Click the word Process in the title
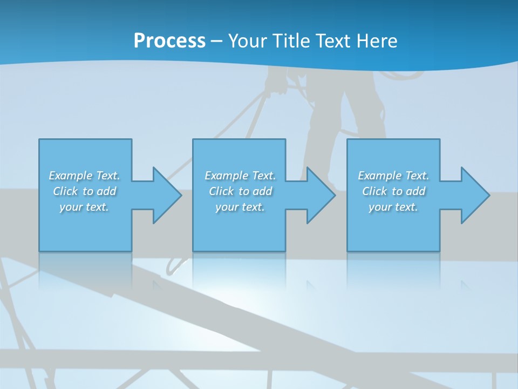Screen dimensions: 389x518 pyautogui.click(x=169, y=41)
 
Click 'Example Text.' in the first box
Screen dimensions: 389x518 pyautogui.click(x=84, y=176)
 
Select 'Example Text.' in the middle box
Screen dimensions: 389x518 pyautogui.click(x=240, y=176)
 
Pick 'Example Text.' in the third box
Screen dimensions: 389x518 pyautogui.click(x=393, y=176)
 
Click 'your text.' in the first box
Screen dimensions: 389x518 pyautogui.click(x=84, y=207)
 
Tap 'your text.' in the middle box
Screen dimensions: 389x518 pyautogui.click(x=240, y=207)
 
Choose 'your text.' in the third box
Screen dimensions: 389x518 pyautogui.click(x=393, y=207)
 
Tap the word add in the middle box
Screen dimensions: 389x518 pyautogui.click(x=262, y=191)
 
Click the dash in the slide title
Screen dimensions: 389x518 pyautogui.click(x=217, y=42)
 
